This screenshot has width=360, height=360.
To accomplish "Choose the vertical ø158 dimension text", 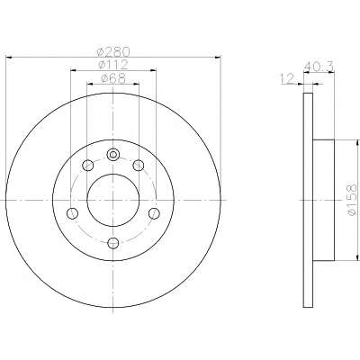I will tap(352, 202).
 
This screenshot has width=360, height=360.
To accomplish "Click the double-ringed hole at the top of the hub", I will tap(112, 155).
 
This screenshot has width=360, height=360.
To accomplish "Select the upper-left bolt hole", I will tap(86, 165).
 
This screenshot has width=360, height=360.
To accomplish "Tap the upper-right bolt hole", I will tap(139, 165).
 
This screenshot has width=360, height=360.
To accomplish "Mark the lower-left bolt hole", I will tap(71, 212).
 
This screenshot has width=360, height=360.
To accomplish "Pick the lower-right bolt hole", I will tap(154, 212).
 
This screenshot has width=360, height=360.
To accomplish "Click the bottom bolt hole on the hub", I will tap(112, 241).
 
